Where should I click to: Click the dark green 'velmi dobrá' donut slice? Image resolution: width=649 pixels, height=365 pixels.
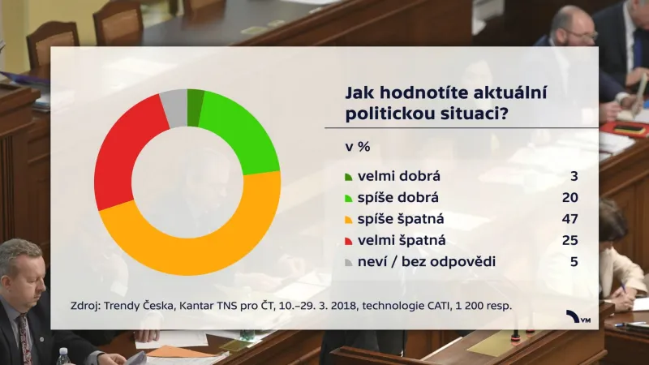point(195,108)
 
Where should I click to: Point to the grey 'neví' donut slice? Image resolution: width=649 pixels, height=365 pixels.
point(174,108)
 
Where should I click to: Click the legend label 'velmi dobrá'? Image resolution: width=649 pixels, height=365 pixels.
point(392,176)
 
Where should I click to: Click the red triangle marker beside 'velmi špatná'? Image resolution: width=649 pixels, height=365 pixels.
point(348,241)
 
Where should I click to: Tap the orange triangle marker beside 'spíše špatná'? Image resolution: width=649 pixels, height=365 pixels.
point(348,220)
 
